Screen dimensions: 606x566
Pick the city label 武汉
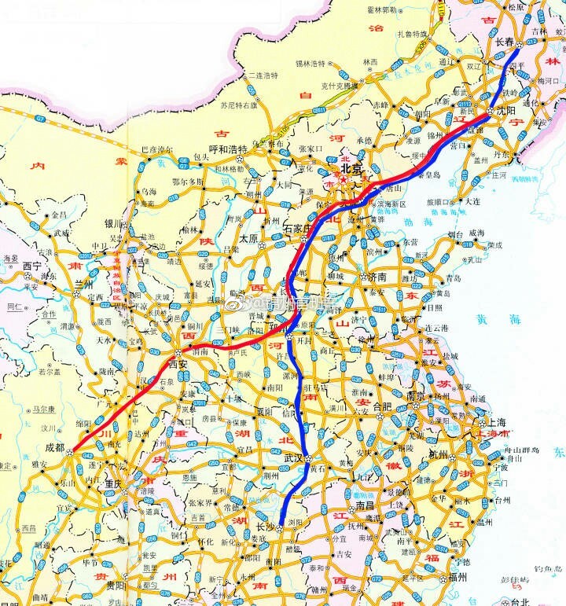[x=294, y=458]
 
